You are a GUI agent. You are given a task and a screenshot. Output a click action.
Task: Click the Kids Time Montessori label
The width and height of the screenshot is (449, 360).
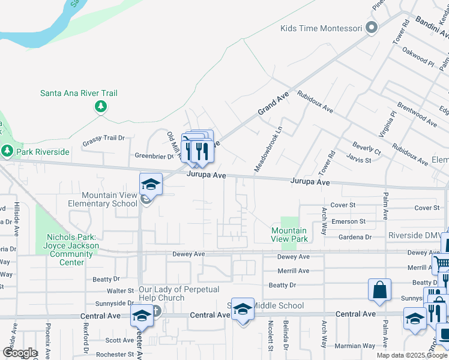click(x=321, y=28)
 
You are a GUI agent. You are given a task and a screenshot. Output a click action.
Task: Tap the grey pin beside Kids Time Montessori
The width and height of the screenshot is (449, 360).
click(x=372, y=28)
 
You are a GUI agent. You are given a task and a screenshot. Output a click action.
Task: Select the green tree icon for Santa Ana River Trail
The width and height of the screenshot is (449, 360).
click(x=100, y=107)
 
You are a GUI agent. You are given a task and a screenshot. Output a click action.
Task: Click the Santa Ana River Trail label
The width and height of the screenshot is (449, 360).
click(x=79, y=93)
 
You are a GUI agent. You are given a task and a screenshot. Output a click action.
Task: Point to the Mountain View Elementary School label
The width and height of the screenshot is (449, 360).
click(x=109, y=199)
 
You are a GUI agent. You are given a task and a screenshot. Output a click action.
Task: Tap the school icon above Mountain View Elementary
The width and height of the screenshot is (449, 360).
click(x=151, y=184)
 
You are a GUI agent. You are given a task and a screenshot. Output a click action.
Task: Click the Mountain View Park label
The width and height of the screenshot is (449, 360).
click(x=289, y=235)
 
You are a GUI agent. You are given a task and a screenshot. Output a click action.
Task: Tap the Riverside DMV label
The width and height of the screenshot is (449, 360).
click(x=415, y=235)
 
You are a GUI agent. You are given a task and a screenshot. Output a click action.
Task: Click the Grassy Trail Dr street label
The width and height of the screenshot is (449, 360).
click(x=104, y=138)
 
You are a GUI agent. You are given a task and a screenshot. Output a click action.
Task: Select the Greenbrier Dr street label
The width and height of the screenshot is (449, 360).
click(x=154, y=156)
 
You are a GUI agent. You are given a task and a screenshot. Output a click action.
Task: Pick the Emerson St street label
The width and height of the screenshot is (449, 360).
click(x=349, y=221)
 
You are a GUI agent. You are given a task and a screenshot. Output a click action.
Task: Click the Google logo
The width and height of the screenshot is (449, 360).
click(x=20, y=353)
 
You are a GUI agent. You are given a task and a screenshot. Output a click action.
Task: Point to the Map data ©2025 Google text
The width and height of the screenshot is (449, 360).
click(x=411, y=355)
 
